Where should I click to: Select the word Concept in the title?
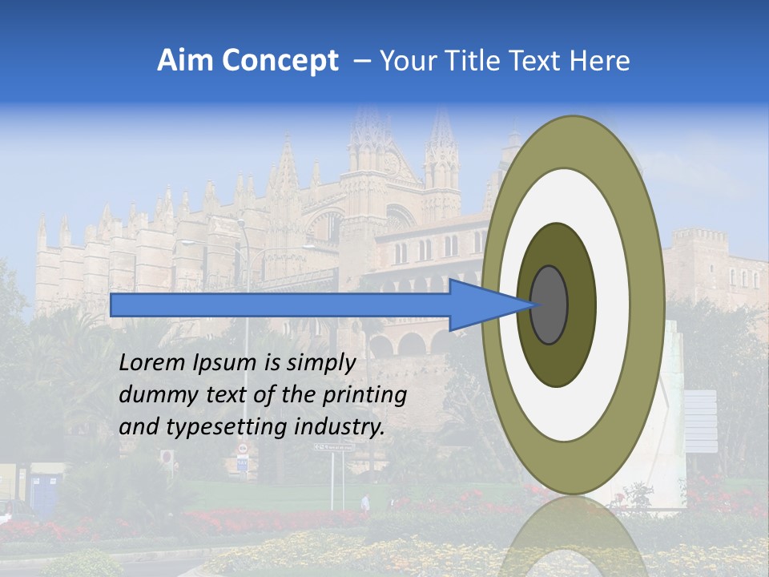click(281, 61)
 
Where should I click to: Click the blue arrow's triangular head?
click(481, 305)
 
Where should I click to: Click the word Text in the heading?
click(537, 61)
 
